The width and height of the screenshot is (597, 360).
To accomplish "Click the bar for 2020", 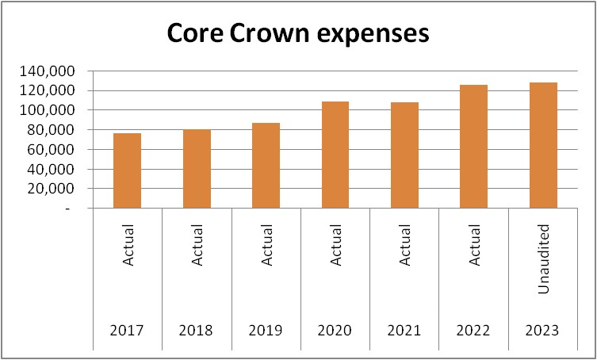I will [x=335, y=155].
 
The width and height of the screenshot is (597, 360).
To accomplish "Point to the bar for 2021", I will [x=404, y=155].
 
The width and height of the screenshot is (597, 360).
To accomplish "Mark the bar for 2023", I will [x=544, y=145].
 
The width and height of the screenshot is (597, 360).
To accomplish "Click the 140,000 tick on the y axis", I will [x=46, y=71].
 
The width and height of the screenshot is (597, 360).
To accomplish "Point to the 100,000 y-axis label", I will [x=46, y=110].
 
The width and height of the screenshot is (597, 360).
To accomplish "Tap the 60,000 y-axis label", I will [x=50, y=150].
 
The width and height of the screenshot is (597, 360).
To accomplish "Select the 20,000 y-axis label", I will [x=50, y=189].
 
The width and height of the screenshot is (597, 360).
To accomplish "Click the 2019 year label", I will [x=266, y=331].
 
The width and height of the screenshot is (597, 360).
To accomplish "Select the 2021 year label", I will [x=404, y=331].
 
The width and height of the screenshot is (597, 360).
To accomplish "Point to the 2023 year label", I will [x=544, y=331].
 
